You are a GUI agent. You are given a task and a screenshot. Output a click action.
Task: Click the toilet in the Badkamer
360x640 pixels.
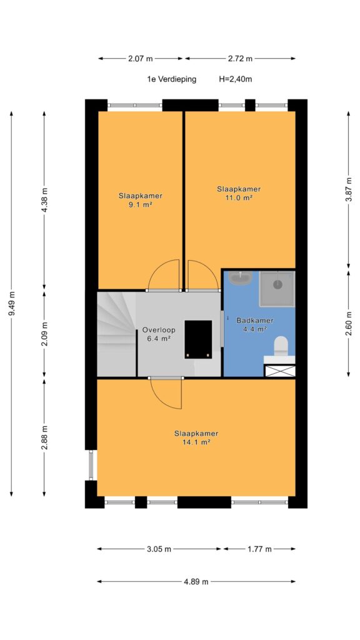[x=281, y=345]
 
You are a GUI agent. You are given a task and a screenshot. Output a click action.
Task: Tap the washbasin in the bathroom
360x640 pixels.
[x=241, y=279]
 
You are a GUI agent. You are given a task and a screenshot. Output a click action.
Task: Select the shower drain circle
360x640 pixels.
[x=277, y=284]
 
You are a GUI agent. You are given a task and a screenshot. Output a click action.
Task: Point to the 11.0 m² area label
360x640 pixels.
[x=239, y=197]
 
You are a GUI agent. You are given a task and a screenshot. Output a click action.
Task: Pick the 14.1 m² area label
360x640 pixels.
[x=196, y=442]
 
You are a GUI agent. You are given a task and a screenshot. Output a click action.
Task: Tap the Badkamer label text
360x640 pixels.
[x=255, y=321]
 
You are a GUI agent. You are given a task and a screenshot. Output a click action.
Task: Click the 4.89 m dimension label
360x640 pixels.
[x=196, y=582]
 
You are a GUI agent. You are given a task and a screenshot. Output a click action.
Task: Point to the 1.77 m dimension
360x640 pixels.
[x=259, y=549]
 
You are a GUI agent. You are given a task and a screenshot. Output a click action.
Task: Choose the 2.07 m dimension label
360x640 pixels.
[x=141, y=58]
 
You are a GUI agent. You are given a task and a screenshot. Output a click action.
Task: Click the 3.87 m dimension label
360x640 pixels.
[x=348, y=189]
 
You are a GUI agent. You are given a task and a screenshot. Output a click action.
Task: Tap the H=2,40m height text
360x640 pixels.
[x=235, y=79]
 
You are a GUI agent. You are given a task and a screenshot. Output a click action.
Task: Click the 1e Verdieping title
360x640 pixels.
[x=172, y=79]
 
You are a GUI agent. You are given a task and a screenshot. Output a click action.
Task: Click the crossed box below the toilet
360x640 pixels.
[x=279, y=371]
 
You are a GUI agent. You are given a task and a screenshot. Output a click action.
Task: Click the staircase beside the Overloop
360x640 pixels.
[x=116, y=334]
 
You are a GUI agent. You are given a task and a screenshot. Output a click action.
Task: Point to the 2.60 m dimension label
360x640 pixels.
[x=348, y=322]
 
